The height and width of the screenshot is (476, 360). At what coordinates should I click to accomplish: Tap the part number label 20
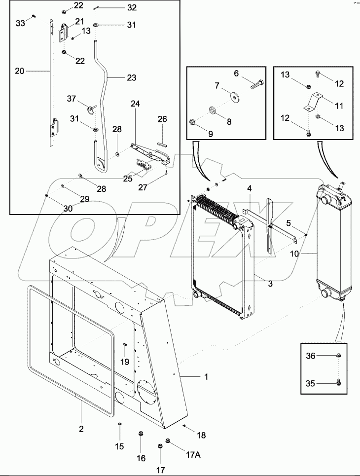tap(19, 71)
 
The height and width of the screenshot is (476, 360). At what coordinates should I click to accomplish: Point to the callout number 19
tap(125, 362)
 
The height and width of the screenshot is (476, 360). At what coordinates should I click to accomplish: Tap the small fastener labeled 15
tap(119, 424)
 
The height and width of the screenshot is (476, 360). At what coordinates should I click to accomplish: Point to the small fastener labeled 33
tap(32, 16)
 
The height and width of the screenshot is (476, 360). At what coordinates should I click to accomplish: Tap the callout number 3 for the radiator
tap(270, 284)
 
